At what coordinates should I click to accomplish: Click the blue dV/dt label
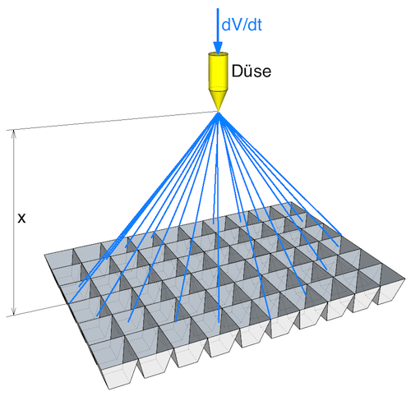tap(242, 25)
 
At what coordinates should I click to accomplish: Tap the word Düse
tap(252, 71)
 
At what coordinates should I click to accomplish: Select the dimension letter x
tap(21, 219)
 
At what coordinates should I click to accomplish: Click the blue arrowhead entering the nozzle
tap(218, 48)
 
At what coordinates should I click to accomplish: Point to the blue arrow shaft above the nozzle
tap(218, 25)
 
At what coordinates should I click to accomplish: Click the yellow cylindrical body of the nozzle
tap(218, 71)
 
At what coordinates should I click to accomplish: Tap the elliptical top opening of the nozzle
tap(218, 54)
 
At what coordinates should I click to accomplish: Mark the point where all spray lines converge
tap(219, 113)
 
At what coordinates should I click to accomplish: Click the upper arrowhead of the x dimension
tap(13, 135)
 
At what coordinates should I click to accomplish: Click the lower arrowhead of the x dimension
tap(13, 311)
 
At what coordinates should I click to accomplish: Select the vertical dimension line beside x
tap(13, 223)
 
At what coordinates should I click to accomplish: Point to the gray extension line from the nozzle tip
tap(113, 121)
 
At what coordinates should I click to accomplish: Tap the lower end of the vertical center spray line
tap(219, 322)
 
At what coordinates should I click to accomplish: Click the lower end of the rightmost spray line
tap(341, 235)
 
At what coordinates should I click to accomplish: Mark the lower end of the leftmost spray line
tap(70, 303)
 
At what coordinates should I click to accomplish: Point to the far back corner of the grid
tap(292, 202)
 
